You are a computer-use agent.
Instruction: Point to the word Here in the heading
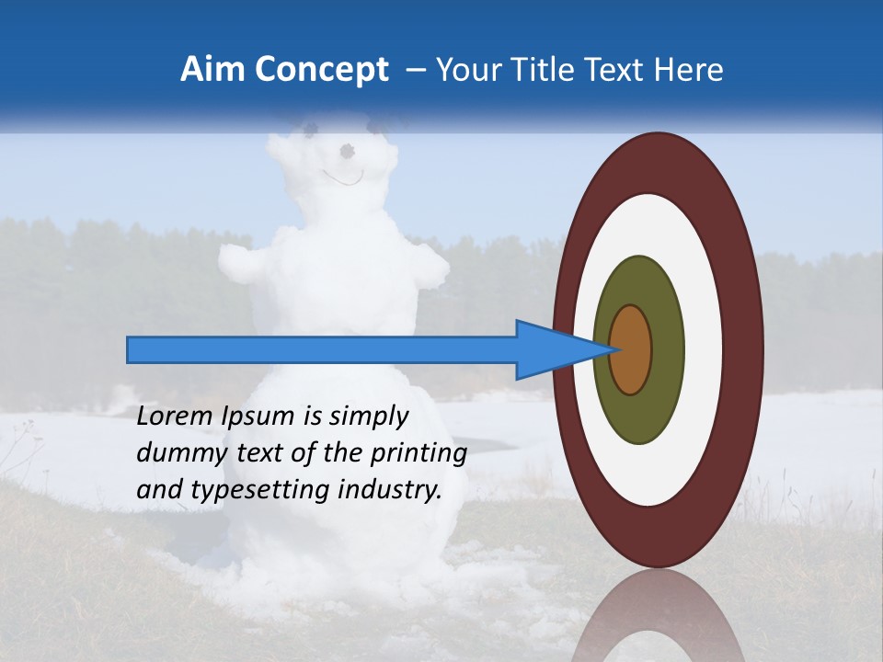tap(689, 70)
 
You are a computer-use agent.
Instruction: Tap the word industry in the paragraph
tap(389, 490)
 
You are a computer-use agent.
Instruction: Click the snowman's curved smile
tap(341, 177)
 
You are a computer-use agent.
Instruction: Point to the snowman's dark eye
tap(347, 150)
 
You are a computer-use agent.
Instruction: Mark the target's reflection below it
tap(658, 621)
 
